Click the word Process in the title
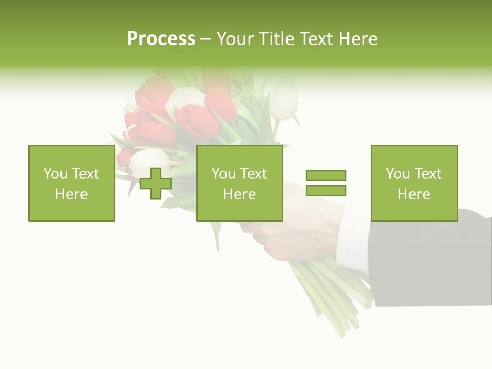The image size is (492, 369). (x=161, y=39)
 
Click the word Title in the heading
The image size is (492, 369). (x=276, y=39)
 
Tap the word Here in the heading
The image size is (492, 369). (x=359, y=39)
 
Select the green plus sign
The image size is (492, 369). (x=156, y=183)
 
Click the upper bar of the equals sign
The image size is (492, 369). (x=326, y=175)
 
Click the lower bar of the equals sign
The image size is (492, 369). (x=326, y=191)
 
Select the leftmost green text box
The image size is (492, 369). (x=71, y=183)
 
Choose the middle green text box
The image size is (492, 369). (x=239, y=183)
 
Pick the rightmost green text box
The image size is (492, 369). (x=414, y=183)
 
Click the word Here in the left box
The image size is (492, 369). (x=71, y=194)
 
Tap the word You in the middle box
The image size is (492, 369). (x=223, y=174)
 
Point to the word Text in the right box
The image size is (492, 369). (x=428, y=174)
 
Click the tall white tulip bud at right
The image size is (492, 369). (x=283, y=100)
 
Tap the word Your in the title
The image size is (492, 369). (x=236, y=39)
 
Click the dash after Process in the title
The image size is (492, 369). (x=206, y=39)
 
